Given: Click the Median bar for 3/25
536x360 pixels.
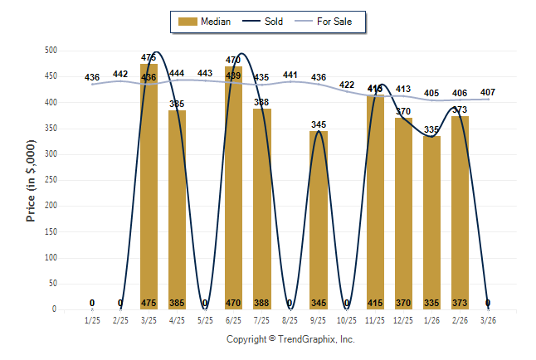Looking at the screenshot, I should pos(149,187).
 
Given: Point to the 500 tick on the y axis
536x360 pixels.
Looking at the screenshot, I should pos(51,51).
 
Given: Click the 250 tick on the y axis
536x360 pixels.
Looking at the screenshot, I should pos(51,180).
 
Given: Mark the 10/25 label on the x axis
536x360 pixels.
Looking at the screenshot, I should pos(347,319).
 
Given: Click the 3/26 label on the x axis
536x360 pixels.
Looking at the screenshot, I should pos(488,319).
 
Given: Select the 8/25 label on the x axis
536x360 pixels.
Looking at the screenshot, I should pos(290,319).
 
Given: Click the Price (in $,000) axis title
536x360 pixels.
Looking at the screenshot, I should pos(31,180).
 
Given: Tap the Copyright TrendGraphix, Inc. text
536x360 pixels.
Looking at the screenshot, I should pos(290,339).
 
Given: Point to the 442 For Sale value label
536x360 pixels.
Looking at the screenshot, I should pos(120,75).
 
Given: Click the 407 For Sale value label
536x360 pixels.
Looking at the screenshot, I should pos(488,91).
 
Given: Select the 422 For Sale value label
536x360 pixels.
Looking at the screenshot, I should pos(347,85).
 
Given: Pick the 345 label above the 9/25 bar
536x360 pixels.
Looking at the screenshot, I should pos(319,124).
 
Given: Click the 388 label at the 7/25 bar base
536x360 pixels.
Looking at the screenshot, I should pos(262,303).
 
